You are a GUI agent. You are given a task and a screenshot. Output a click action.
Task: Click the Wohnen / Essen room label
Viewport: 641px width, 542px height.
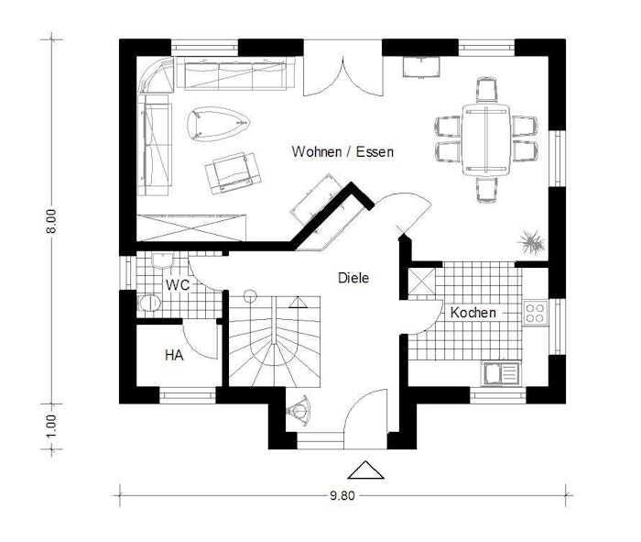pyautogui.click(x=342, y=152)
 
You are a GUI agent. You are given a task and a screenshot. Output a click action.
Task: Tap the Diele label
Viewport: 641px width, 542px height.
pyautogui.click(x=353, y=278)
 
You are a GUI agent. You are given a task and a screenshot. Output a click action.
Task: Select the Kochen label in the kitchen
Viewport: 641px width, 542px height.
pyautogui.click(x=473, y=313)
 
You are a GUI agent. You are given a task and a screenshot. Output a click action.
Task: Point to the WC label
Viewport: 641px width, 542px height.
pyautogui.click(x=178, y=285)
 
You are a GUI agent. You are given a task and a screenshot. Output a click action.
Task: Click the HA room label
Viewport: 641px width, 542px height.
pyautogui.click(x=174, y=355)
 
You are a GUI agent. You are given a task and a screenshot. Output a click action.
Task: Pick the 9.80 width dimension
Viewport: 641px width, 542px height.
pyautogui.click(x=342, y=496)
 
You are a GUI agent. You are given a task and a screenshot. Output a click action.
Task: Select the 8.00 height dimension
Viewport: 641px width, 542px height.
pyautogui.click(x=50, y=221)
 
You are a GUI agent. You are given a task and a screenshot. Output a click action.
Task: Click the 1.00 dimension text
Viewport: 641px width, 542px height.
pyautogui.click(x=50, y=426)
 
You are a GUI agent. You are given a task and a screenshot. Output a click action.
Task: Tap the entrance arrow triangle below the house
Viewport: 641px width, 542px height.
pyautogui.click(x=365, y=470)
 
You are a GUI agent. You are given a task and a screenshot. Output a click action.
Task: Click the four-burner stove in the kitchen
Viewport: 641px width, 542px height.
pyautogui.click(x=536, y=313)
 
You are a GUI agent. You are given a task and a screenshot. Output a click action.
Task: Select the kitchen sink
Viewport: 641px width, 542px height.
pyautogui.click(x=501, y=373)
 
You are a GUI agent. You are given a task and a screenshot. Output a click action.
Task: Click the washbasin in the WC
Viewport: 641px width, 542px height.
pyautogui.click(x=163, y=260)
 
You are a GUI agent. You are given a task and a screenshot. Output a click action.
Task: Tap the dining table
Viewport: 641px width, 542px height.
pyautogui.click(x=486, y=140)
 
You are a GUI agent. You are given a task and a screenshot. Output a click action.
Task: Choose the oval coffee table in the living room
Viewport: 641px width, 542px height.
pyautogui.click(x=218, y=124)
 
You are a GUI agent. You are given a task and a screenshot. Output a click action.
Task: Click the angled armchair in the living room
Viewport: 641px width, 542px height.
pyautogui.click(x=233, y=173)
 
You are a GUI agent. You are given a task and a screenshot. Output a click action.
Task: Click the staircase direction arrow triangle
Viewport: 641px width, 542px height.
pyautogui.click(x=298, y=303)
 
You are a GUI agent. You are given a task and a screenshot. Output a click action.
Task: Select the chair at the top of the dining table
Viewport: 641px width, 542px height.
pyautogui.click(x=487, y=89)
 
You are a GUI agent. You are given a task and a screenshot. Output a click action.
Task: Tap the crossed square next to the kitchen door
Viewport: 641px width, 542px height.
pyautogui.click(x=421, y=282)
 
